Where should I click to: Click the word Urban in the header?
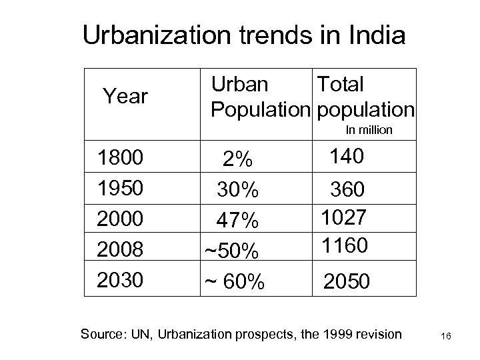tap(240, 85)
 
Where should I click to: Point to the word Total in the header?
tap(340, 85)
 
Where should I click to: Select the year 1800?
tap(120, 159)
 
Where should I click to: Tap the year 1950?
tap(120, 189)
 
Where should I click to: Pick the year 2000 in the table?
tap(120, 219)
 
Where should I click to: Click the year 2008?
tap(120, 250)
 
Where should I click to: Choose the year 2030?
tap(120, 280)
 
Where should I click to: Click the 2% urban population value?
tap(238, 160)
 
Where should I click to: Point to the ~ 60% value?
tap(233, 283)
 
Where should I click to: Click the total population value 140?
tap(347, 157)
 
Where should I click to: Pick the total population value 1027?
tap(343, 218)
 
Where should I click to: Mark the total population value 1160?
tap(343, 246)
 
